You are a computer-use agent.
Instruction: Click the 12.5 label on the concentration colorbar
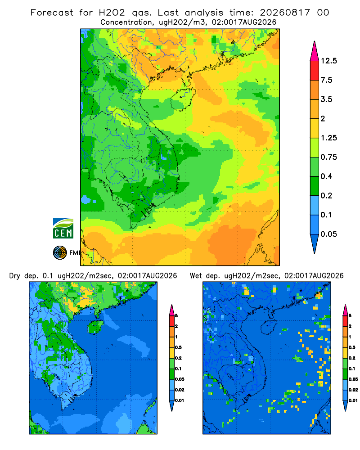(x=328, y=61)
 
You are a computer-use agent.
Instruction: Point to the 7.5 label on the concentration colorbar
(x=326, y=80)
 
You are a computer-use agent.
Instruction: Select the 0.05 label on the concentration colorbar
(x=328, y=234)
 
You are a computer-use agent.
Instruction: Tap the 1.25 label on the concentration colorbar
(x=328, y=138)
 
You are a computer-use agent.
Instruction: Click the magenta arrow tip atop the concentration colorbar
(x=315, y=52)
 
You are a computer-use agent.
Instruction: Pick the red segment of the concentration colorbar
(x=315, y=71)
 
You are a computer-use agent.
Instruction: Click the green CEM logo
(x=63, y=229)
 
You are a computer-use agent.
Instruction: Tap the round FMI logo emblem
(x=60, y=253)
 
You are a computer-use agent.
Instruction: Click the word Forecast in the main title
(x=52, y=13)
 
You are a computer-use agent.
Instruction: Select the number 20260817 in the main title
(x=285, y=13)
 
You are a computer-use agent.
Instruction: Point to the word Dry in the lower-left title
(x=15, y=276)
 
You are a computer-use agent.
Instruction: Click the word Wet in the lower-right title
(x=196, y=276)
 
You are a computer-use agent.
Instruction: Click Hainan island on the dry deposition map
(x=95, y=327)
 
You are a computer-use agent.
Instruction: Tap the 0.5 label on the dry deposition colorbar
(x=178, y=347)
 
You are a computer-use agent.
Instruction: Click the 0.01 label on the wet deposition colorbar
(x=353, y=400)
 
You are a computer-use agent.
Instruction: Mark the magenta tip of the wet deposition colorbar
(x=345, y=310)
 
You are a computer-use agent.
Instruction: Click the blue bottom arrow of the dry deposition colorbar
(x=171, y=405)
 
